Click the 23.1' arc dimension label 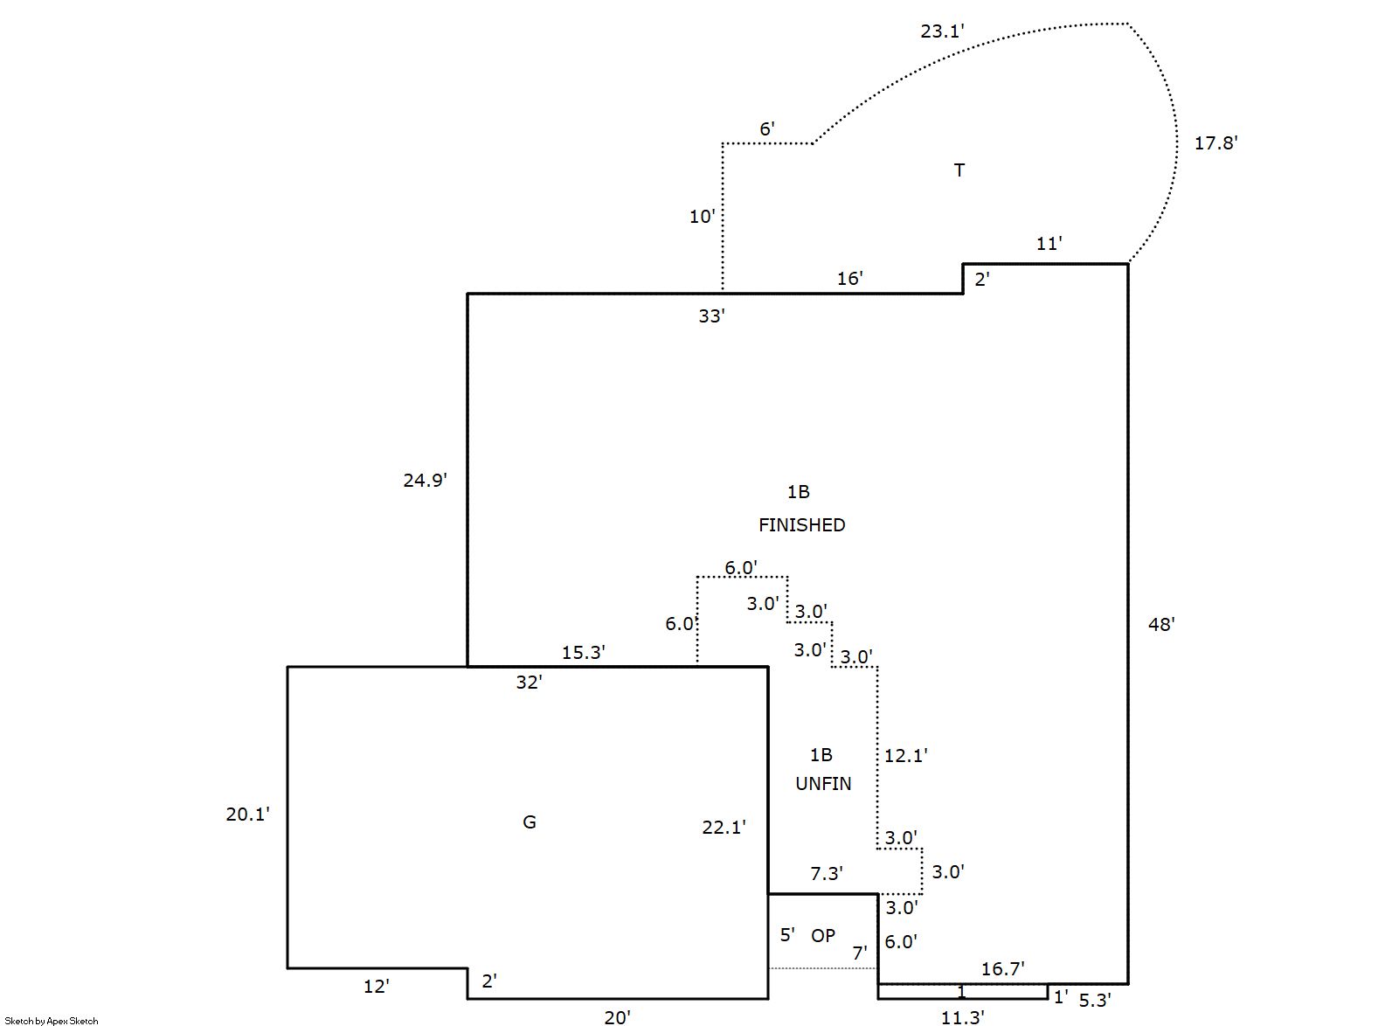coord(942,31)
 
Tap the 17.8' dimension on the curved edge coord(1215,143)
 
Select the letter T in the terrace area coord(959,170)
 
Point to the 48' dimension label coord(1161,624)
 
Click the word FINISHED coord(801,525)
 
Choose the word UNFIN coord(823,784)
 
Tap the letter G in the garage coord(529,822)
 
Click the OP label coord(823,936)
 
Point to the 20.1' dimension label coord(247,815)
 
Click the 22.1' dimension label coord(724,827)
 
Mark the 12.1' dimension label coord(905,756)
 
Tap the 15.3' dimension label coord(583,653)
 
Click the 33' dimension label coord(711,316)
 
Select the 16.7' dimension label coord(1002,968)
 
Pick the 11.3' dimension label coord(963,1017)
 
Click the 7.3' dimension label coord(826,874)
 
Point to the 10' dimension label coord(702,217)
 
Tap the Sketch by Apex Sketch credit coord(51,1021)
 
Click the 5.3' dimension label coord(1093,1002)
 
